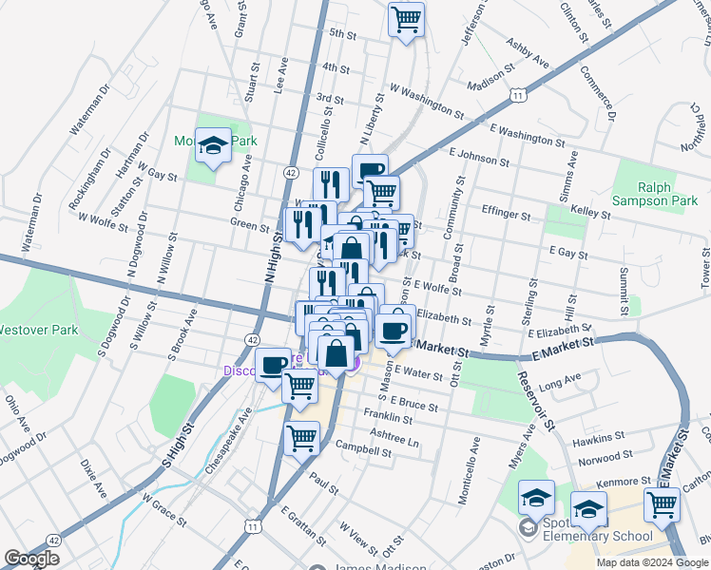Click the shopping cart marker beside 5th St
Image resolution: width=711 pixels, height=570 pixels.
click(406, 18)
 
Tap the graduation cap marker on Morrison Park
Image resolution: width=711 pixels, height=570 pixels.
click(214, 144)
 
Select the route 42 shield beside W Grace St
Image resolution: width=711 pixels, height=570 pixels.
click(53, 539)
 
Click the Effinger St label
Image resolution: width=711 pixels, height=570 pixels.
click(506, 215)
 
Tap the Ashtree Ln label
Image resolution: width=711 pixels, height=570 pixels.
click(394, 438)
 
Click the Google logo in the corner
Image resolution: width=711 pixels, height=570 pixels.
click(31, 558)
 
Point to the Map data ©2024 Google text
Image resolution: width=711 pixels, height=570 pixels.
click(652, 562)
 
